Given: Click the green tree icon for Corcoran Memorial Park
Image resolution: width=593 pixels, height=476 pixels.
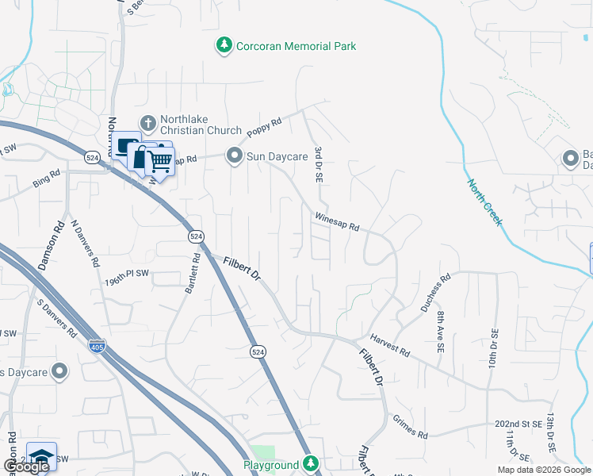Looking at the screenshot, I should [225, 46].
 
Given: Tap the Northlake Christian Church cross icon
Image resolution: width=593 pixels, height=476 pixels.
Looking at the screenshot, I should [147, 123].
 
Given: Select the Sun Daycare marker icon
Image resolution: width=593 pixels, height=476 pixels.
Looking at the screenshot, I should [234, 156].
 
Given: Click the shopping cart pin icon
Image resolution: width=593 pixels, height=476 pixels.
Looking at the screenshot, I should [161, 162].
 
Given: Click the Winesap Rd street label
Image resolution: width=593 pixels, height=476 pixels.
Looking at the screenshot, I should [337, 221].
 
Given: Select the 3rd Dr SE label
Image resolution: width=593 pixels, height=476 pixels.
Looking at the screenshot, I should [319, 164].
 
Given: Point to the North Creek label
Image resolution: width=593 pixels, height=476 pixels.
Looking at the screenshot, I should [484, 202].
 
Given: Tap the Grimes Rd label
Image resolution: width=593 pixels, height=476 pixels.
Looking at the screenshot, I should [410, 428].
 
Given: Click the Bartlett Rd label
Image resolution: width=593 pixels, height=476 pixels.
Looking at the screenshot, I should [192, 273].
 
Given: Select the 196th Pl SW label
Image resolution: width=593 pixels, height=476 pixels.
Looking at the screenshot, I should [128, 279].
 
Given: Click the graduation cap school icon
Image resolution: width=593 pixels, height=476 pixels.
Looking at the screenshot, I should [41, 456].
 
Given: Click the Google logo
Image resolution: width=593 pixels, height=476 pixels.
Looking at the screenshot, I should [25, 467].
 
